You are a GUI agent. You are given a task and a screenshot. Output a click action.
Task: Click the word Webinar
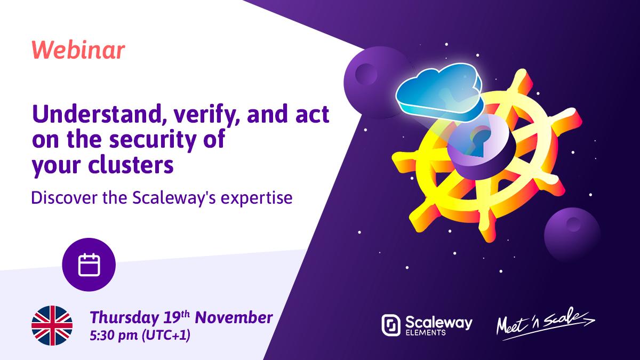coord(78,50)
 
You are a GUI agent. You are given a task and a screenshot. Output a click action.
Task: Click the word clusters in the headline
coord(131,165)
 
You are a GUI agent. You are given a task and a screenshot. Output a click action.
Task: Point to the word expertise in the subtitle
coord(257,198)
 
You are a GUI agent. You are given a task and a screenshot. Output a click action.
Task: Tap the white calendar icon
coord(89,265)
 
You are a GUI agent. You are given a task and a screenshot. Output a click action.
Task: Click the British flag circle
coord(52,325)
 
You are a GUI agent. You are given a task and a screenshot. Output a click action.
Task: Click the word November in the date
coord(234,318)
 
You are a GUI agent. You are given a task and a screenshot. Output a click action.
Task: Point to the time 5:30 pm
coord(114,335)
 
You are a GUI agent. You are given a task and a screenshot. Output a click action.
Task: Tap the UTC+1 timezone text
coord(166,335)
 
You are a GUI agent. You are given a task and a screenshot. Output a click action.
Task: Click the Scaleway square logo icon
coord(391,325)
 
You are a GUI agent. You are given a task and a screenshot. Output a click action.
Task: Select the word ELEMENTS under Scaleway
coord(426,333)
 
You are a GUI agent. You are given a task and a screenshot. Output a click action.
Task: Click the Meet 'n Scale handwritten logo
coord(546,323)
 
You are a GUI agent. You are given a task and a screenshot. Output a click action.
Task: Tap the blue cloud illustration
coord(439,92)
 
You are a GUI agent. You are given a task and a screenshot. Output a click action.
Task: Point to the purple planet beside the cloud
coord(371,82)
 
